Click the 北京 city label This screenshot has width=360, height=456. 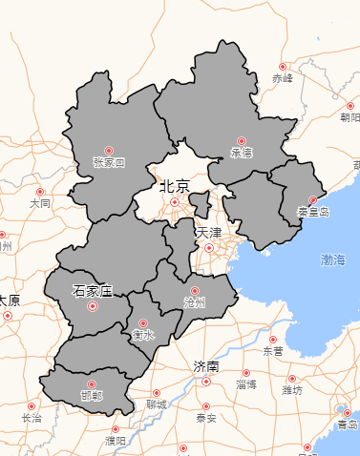point(175,186)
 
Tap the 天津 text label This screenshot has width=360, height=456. point(208,233)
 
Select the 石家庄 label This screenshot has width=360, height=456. point(93,290)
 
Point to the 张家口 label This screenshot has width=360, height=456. point(109,163)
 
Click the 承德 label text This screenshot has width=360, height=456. point(242,153)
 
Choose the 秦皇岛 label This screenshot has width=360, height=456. point(312,212)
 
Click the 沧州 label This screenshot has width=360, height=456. point(195,302)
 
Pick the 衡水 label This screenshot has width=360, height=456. point(143,335)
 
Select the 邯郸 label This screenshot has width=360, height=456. point(92,395)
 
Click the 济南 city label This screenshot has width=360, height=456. point(206,366)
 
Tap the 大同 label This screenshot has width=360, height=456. point(40,204)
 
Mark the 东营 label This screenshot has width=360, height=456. point(273,351)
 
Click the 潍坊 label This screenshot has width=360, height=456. point(292,390)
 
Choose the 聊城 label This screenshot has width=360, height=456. point(157,404)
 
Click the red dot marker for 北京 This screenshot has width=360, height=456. point(175,202)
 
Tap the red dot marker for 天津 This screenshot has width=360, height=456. point(209,248)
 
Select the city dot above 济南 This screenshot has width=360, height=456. point(206,382)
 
